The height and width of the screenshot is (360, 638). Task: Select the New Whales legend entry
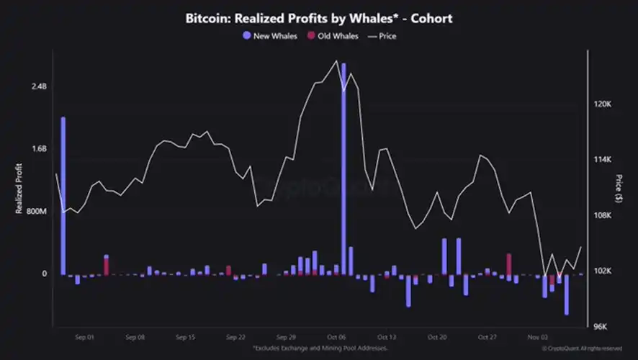[269, 35]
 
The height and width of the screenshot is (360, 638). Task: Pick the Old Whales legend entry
[333, 35]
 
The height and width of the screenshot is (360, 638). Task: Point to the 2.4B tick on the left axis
[37, 87]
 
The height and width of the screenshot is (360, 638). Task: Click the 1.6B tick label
[37, 149]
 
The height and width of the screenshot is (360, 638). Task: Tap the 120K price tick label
[601, 104]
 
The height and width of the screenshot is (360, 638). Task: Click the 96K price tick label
[601, 327]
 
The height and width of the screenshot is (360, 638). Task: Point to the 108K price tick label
[601, 215]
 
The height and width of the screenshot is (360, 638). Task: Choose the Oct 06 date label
[337, 336]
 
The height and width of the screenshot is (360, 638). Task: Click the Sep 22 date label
[236, 336]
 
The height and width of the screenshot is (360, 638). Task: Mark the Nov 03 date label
[539, 336]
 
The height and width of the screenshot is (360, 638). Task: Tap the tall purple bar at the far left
[63, 194]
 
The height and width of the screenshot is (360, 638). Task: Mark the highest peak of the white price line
[336, 61]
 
